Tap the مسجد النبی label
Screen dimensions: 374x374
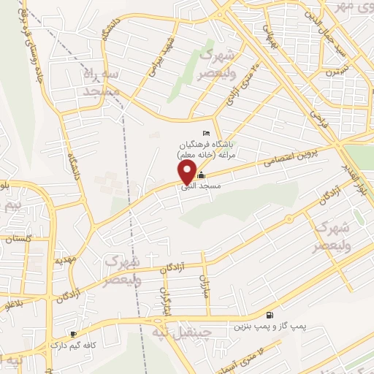(228, 186)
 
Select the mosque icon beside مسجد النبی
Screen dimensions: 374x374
(202, 176)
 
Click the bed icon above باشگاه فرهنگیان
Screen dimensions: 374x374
(206, 132)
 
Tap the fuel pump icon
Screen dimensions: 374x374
(271, 315)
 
